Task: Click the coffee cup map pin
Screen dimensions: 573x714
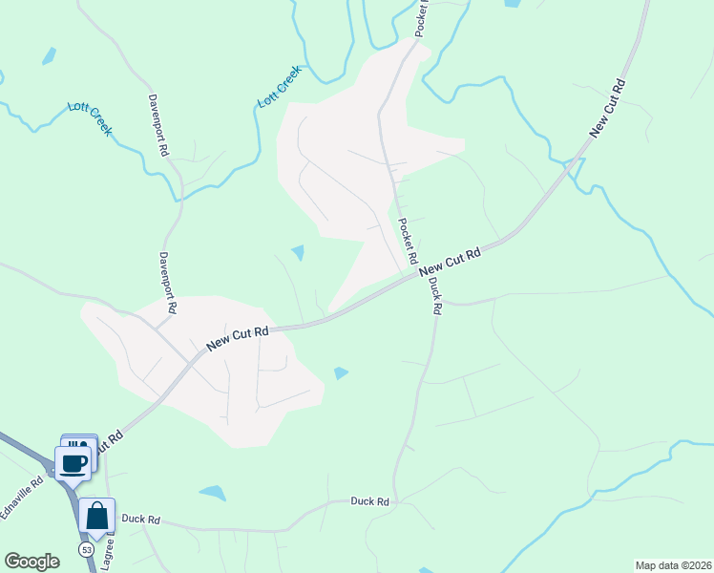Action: (74, 463)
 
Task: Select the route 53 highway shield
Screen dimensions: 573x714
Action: (86, 550)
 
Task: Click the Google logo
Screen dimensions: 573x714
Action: (31, 562)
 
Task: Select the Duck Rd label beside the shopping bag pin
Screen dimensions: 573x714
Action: (140, 520)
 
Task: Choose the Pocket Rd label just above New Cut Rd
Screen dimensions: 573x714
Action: (408, 242)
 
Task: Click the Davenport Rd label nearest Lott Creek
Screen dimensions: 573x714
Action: (157, 124)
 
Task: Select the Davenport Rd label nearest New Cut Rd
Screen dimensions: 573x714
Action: (168, 283)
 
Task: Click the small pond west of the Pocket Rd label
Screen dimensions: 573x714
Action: (298, 252)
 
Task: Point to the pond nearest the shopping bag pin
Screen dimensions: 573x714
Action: (213, 493)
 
